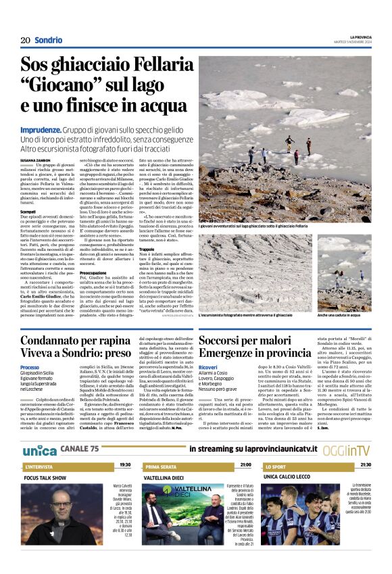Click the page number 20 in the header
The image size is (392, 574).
[x=25, y=40]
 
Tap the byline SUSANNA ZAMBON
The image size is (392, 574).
[x=35, y=160]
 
